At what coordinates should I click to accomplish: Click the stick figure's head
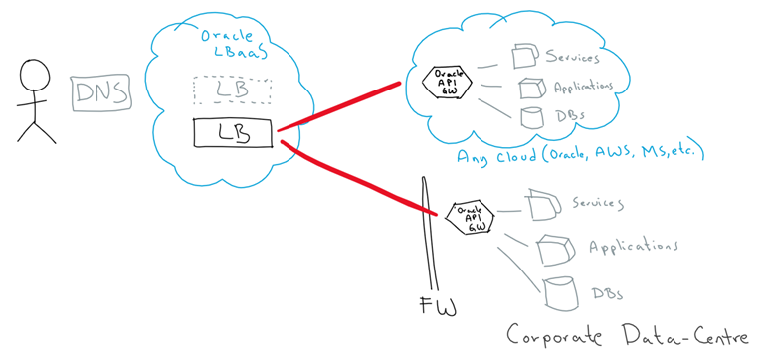36,76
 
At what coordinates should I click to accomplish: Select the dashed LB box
232,90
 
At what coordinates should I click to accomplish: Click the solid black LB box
232,131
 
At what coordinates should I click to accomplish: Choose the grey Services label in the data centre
597,204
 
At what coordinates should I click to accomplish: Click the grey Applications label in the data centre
634,246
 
